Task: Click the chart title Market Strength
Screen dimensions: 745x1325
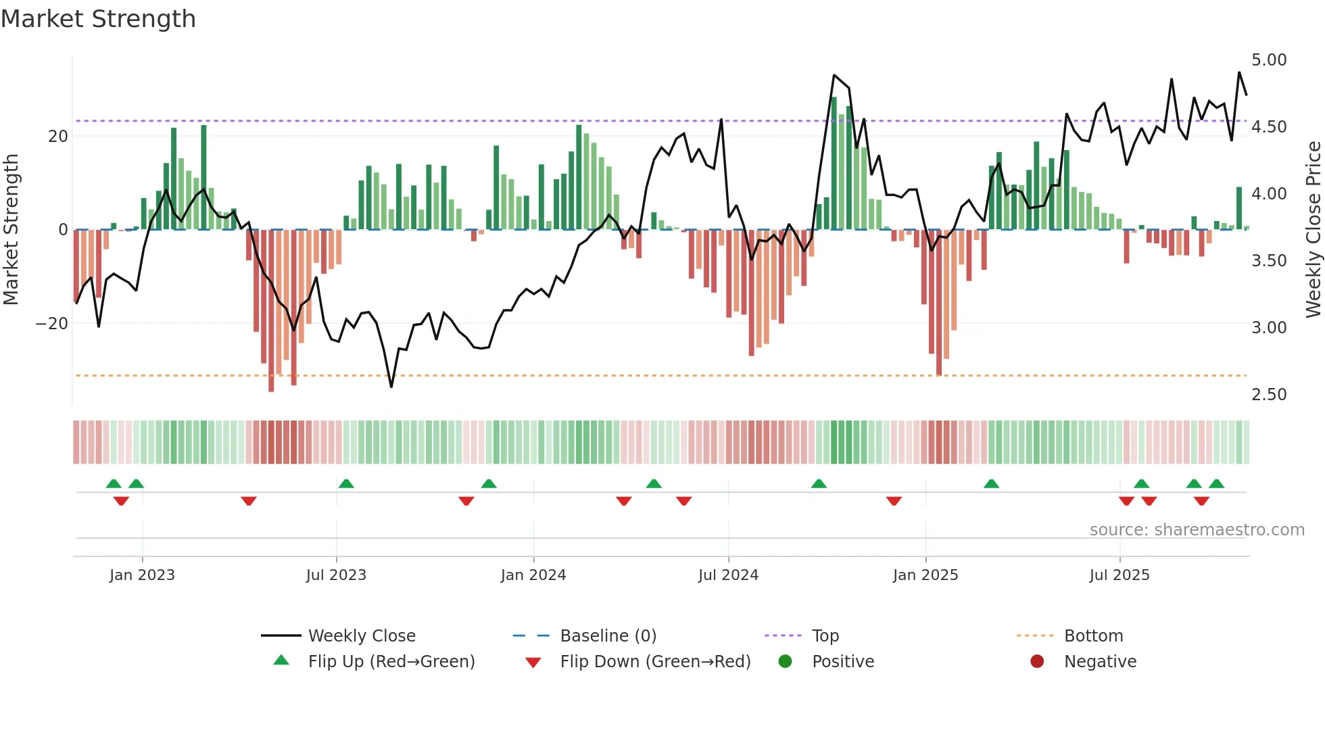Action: click(x=98, y=19)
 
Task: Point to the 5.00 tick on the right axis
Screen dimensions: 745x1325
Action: click(x=1269, y=60)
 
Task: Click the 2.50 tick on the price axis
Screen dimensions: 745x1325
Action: click(x=1269, y=395)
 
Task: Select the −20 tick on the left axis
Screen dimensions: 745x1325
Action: click(x=52, y=324)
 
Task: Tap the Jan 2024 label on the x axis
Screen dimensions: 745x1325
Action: click(x=533, y=575)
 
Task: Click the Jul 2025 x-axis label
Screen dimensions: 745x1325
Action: click(x=1119, y=575)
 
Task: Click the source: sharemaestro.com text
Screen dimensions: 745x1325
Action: click(x=1197, y=530)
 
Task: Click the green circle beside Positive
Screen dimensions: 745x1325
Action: click(x=785, y=662)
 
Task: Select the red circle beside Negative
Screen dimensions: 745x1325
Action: click(x=1037, y=662)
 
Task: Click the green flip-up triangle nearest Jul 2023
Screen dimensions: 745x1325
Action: click(x=346, y=484)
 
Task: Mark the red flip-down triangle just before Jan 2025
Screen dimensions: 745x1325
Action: click(x=894, y=501)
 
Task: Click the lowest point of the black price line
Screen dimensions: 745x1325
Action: click(x=391, y=387)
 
